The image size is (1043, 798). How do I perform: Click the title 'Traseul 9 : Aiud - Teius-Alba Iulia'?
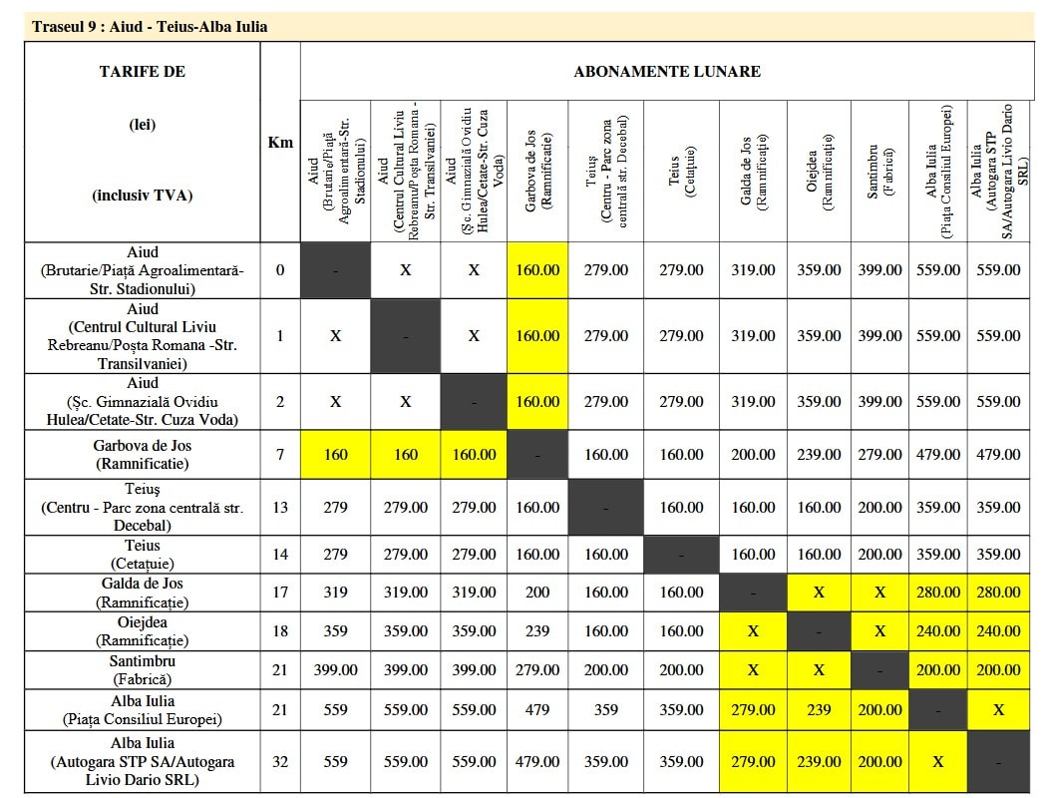point(150,26)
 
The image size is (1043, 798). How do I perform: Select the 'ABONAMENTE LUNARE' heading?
point(666,71)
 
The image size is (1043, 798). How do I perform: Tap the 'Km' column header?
point(280,142)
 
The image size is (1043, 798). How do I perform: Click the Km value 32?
point(280,761)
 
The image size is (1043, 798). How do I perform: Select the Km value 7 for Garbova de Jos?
point(280,454)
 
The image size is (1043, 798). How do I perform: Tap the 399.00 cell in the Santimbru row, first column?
point(335,670)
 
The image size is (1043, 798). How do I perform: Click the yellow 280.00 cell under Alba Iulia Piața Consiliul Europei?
point(938,592)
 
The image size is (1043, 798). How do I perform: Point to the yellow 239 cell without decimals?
point(819,710)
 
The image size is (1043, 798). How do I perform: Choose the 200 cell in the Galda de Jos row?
point(537,592)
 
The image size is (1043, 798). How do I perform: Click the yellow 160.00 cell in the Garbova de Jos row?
point(474,454)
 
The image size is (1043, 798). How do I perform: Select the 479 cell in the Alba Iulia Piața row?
point(537,710)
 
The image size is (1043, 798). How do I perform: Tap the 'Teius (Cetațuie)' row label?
point(143,555)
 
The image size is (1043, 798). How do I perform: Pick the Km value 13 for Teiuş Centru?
point(280,507)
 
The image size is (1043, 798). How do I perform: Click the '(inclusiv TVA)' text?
point(143,196)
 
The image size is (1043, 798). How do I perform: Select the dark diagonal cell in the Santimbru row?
point(879,670)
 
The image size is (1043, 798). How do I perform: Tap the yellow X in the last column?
point(999,710)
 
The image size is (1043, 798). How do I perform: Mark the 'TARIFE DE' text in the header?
point(143,71)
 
